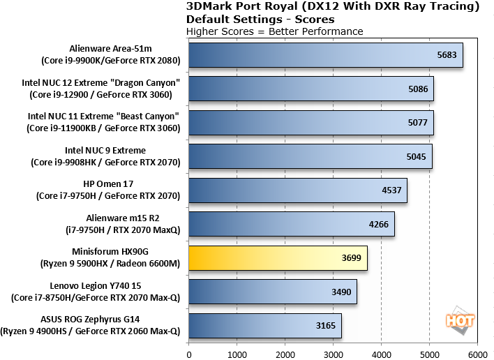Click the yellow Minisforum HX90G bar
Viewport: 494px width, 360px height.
coord(278,257)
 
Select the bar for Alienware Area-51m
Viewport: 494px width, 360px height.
coord(325,55)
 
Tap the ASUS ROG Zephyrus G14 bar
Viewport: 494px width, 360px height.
coord(264,325)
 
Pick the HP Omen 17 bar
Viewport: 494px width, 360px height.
coord(298,190)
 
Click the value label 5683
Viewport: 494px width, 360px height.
coord(447,55)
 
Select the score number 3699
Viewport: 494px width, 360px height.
coord(352,257)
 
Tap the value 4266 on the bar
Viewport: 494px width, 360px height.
coord(380,224)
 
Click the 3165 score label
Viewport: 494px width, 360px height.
coord(326,325)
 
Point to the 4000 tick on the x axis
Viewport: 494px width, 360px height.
coord(381,353)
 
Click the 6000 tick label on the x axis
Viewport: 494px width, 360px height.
coord(477,353)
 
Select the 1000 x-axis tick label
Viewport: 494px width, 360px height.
coord(237,353)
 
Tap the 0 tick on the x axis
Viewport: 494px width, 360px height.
coord(188,353)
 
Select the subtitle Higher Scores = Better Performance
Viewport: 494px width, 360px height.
coord(275,31)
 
